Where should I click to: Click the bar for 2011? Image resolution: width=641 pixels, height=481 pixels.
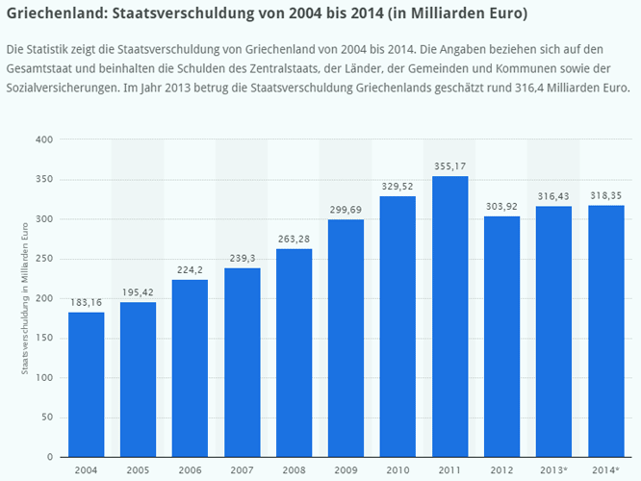(450, 316)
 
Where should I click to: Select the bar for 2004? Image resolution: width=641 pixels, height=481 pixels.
(87, 384)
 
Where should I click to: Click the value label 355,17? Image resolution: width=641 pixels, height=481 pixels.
(450, 165)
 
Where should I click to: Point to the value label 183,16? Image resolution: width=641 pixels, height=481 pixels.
(87, 302)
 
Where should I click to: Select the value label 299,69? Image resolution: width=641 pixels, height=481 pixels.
(346, 210)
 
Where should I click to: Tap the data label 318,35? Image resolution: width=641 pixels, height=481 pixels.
(606, 194)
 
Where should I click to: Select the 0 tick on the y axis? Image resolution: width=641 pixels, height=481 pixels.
(48, 457)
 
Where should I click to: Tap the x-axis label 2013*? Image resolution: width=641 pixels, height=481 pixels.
(554, 469)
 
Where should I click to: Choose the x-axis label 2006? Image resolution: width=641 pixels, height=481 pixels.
(191, 469)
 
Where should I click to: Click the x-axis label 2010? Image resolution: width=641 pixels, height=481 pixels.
(398, 469)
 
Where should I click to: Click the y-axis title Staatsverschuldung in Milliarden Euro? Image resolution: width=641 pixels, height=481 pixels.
(26, 298)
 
